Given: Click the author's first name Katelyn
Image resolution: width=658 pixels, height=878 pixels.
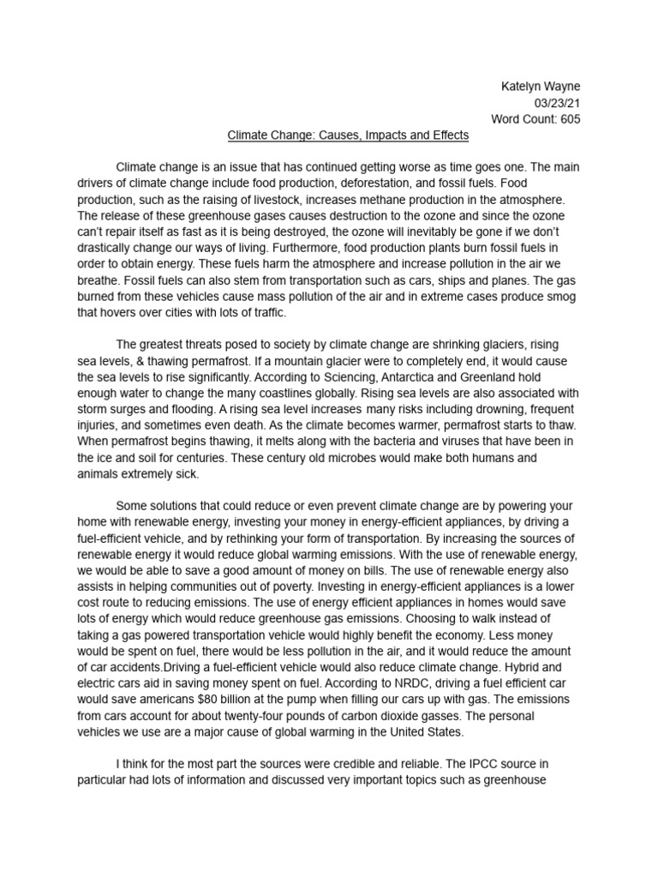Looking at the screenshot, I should tap(520, 87).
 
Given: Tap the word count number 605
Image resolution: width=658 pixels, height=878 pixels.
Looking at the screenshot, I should tap(567, 119).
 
